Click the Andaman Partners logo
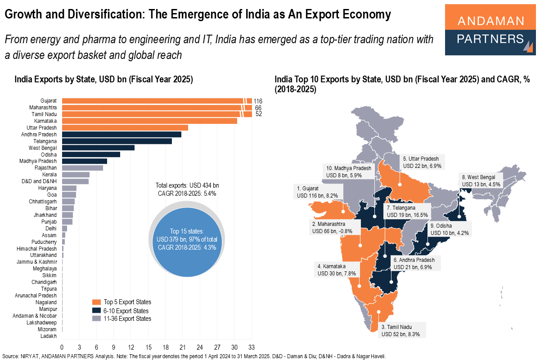(x=490, y=30)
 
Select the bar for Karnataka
(x=149, y=121)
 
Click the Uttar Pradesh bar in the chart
(x=125, y=128)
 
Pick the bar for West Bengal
(x=98, y=148)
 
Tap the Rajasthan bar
(x=82, y=168)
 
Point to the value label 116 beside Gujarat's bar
(x=258, y=101)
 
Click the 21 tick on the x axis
(x=182, y=347)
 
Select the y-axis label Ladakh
(x=49, y=336)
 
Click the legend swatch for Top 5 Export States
(x=97, y=302)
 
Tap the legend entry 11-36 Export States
(x=127, y=319)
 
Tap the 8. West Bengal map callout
(x=478, y=180)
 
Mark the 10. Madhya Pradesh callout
(x=349, y=171)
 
